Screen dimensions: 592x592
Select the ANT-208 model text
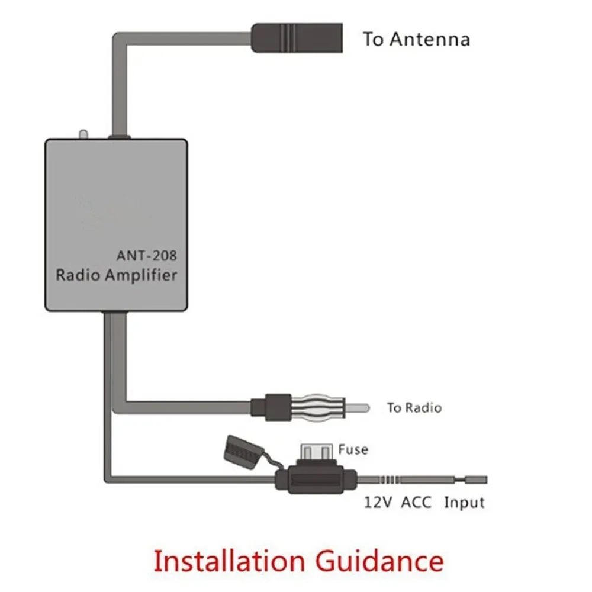pyautogui.click(x=146, y=256)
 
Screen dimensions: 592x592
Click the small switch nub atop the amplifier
pyautogui.click(x=84, y=134)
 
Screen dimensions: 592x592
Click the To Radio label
pyautogui.click(x=414, y=407)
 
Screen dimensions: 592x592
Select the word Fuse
pyautogui.click(x=353, y=450)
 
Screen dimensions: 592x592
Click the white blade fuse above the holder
pyautogui.click(x=317, y=452)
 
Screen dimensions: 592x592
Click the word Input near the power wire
pyautogui.click(x=464, y=503)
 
